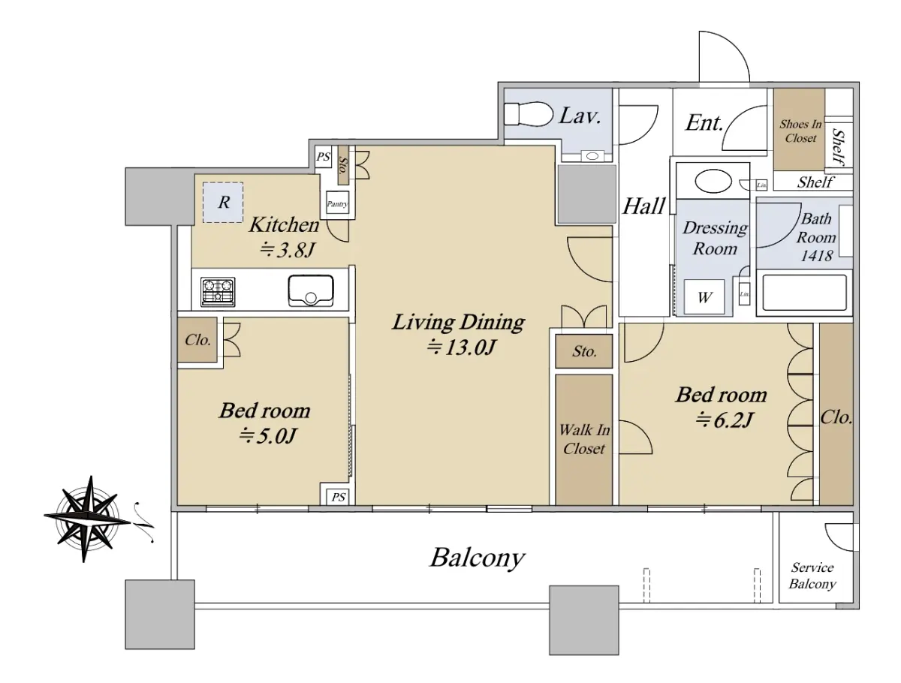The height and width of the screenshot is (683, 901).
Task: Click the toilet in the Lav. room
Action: (528, 113)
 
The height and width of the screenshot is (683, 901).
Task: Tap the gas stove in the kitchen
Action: (218, 291)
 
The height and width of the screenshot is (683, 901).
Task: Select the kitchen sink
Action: (310, 290)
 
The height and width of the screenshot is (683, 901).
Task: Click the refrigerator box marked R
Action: (223, 203)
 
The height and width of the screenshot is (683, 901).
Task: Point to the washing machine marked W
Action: (704, 297)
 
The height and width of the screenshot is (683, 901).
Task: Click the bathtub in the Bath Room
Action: (804, 293)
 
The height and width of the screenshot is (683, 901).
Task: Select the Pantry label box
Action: (337, 203)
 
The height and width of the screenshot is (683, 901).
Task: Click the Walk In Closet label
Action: (583, 439)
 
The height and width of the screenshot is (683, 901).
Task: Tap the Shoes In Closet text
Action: (800, 131)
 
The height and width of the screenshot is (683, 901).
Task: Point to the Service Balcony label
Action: (812, 576)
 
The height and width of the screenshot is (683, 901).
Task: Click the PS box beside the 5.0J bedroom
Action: (338, 497)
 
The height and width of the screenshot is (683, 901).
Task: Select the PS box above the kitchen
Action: (323, 157)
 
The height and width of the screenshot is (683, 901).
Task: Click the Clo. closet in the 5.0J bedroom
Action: (197, 340)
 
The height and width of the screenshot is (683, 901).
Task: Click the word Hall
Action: (643, 206)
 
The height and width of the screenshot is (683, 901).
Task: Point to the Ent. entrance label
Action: (704, 122)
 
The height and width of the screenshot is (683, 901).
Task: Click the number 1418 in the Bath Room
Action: (816, 256)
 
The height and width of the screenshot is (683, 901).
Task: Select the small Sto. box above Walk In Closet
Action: (583, 351)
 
